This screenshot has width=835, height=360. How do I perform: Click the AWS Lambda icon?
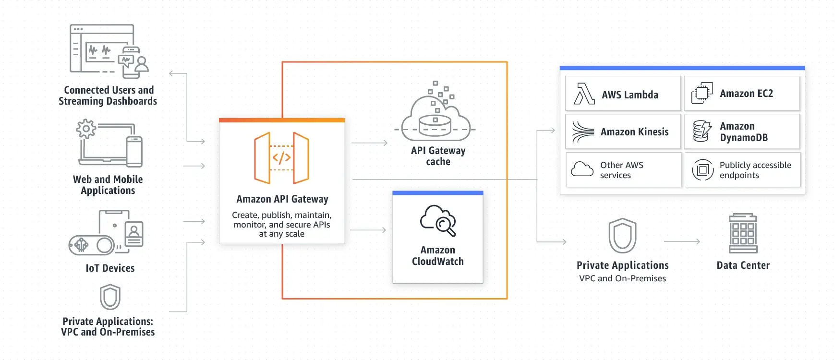(x=584, y=94)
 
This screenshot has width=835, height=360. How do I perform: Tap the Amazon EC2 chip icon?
(x=702, y=93)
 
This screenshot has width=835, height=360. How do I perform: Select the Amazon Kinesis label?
(x=634, y=132)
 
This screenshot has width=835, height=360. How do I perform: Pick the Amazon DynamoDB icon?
(x=702, y=131)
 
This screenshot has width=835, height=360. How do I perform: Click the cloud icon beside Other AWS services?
(x=582, y=169)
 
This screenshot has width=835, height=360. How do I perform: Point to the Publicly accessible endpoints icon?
(x=702, y=170)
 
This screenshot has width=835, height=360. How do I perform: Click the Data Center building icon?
(x=743, y=233)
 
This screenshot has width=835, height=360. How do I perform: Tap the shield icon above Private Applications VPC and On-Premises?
(x=622, y=236)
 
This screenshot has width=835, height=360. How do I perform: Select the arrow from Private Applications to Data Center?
(x=682, y=241)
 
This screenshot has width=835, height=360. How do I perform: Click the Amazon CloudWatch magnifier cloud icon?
(x=438, y=220)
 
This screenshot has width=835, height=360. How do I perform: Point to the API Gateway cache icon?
(x=435, y=110)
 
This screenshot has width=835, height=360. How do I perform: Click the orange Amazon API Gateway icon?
(x=281, y=158)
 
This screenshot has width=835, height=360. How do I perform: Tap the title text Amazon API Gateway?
(x=282, y=199)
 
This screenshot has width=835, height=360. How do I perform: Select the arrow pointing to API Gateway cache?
(x=369, y=143)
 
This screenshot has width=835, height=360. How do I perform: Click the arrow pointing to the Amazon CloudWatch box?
(x=368, y=230)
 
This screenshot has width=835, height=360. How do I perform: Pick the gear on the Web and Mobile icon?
(x=86, y=129)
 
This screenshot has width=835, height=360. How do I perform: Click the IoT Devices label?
(x=110, y=268)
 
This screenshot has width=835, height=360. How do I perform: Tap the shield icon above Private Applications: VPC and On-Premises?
(x=110, y=297)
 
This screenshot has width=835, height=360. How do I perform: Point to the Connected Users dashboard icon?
(x=109, y=51)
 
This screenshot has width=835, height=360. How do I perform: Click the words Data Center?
(x=743, y=265)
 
